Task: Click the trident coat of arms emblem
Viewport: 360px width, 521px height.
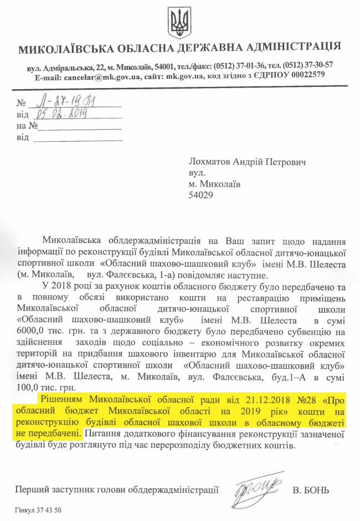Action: (x=179, y=24)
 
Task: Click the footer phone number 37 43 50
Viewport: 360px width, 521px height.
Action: (x=49, y=510)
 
